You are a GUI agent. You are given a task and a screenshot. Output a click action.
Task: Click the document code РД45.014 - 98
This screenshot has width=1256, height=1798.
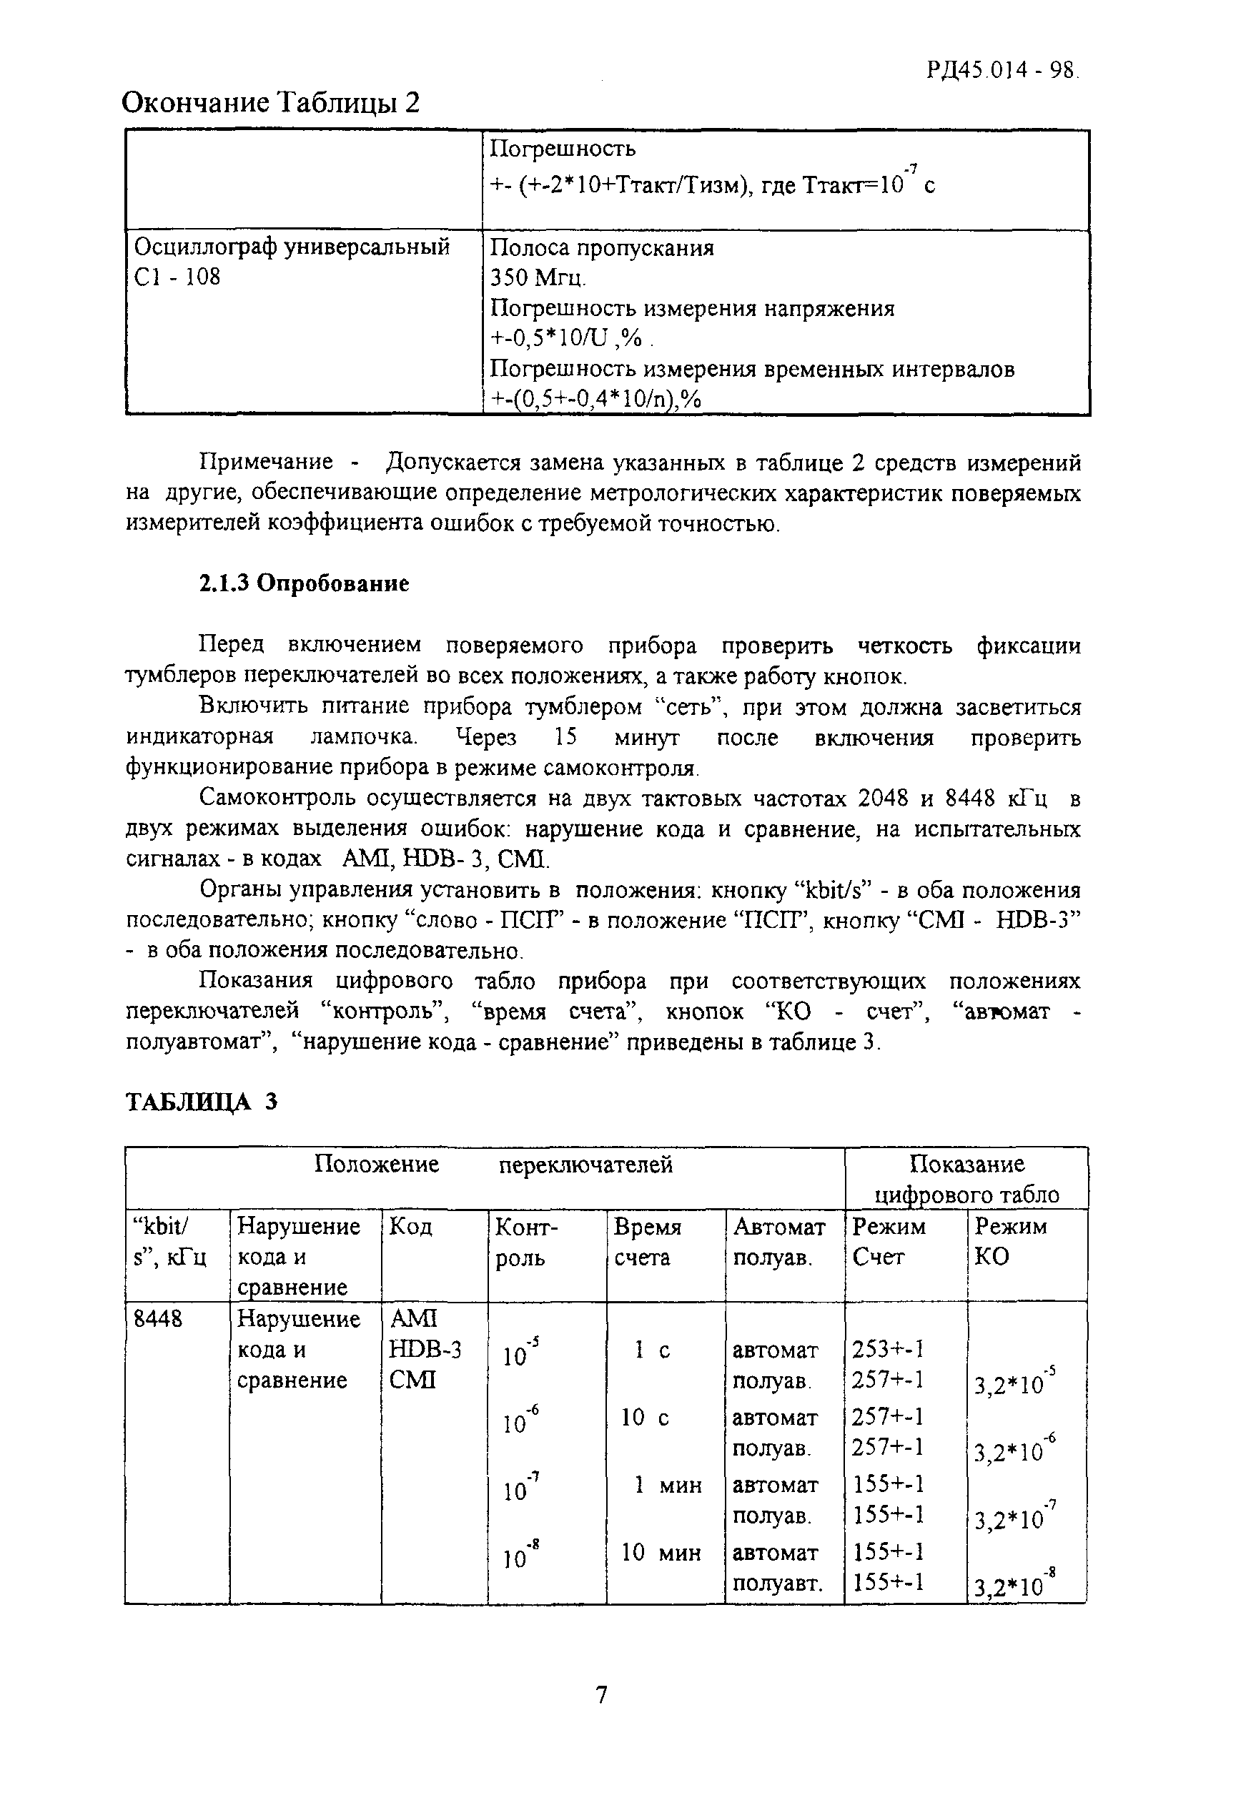1002,71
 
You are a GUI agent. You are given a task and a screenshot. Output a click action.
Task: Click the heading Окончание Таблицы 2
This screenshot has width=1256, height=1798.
271,102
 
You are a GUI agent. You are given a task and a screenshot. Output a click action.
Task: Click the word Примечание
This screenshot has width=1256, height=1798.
266,463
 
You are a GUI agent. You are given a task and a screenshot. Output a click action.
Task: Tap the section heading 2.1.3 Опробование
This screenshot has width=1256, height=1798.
304,584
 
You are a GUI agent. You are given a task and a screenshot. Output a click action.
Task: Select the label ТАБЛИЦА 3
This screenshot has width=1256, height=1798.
202,1102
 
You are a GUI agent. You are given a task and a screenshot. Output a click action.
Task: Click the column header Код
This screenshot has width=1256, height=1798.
410,1226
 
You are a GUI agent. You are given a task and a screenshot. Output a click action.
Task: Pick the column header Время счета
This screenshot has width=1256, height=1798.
647,1241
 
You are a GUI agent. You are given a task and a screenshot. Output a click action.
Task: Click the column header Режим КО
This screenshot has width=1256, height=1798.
1010,1241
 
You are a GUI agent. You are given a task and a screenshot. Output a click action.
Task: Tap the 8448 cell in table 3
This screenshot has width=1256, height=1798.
158,1320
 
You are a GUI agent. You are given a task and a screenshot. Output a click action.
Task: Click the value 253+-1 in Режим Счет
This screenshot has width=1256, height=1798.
888,1349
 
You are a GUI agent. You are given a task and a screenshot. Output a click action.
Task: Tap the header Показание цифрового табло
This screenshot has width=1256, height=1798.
966,1180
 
